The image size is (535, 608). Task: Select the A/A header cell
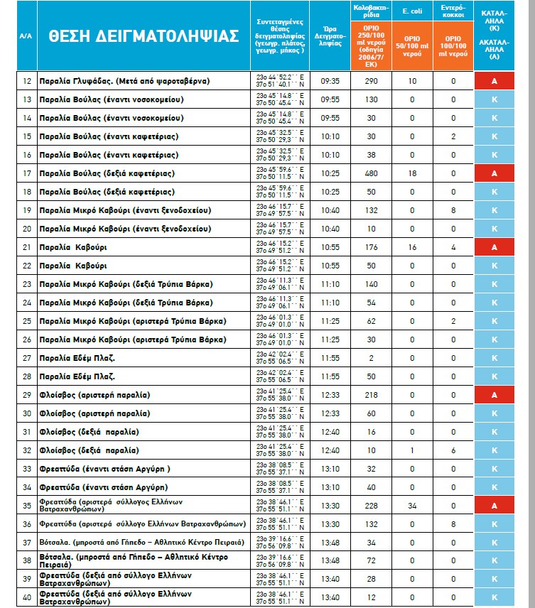coord(27,36)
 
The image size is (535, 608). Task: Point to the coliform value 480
coord(371,173)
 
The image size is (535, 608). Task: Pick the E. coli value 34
coord(411,505)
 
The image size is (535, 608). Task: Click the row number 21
coord(27,247)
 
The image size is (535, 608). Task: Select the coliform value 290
coord(371,81)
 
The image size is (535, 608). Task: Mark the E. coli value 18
coord(411,173)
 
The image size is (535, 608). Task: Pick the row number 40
coord(27,597)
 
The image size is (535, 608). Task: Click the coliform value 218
coord(371,394)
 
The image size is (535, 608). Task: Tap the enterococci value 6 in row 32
coord(452,450)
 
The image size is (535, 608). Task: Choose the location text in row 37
coord(142,542)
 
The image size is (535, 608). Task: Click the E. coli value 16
coord(411,247)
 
